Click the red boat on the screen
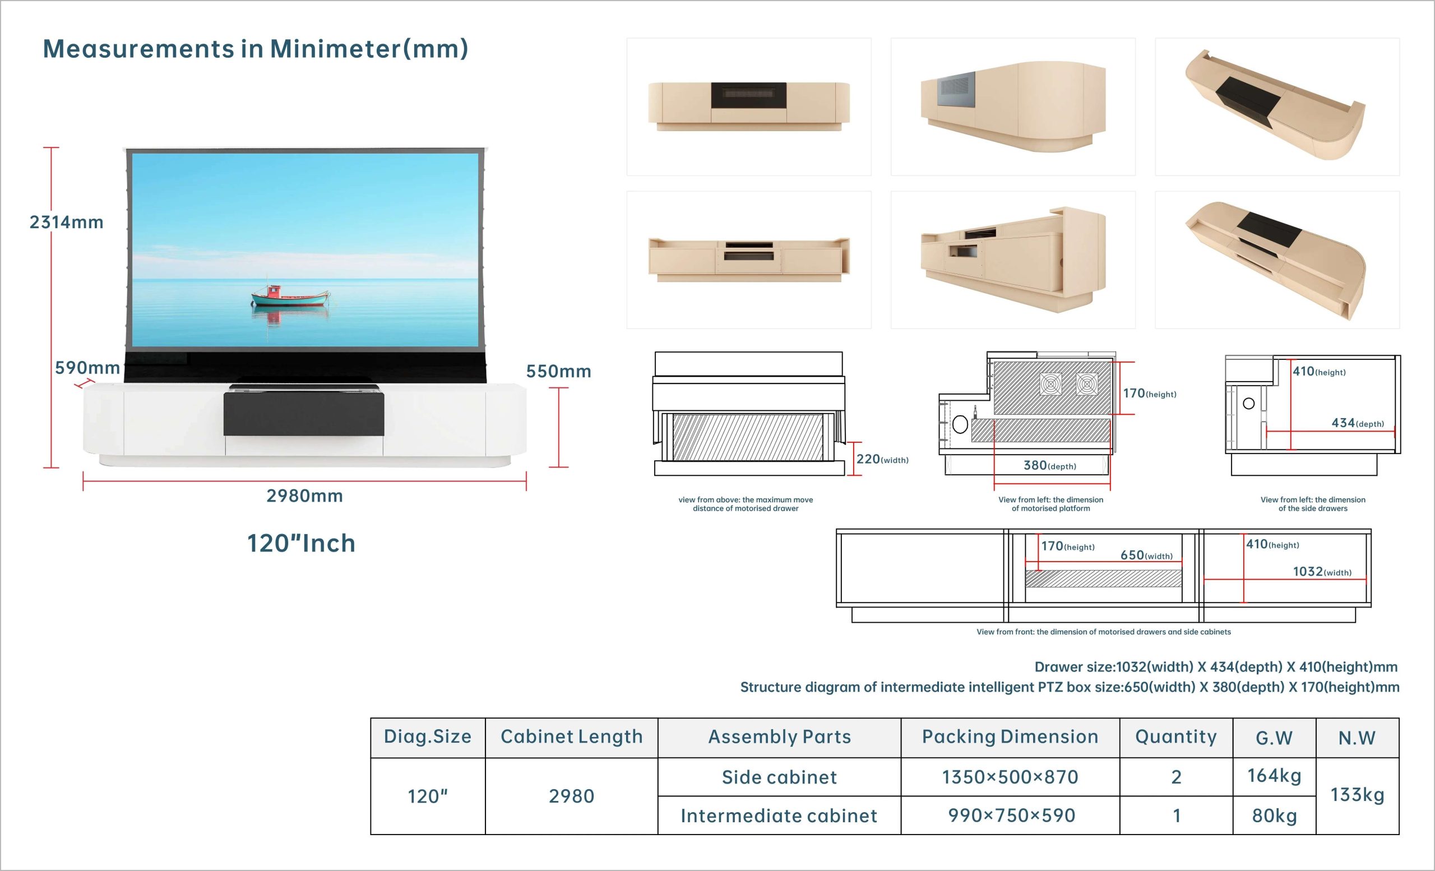point(290,296)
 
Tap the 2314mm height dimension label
point(66,222)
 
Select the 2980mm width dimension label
point(304,495)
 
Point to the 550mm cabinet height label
point(558,371)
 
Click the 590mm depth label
point(87,367)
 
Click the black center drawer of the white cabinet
point(304,414)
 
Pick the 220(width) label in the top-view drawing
point(882,459)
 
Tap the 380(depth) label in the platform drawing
point(1050,465)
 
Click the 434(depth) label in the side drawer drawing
point(1358,423)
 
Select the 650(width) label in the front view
point(1147,555)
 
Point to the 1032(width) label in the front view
point(1322,571)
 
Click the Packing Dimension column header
point(1010,736)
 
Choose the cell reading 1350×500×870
point(1010,777)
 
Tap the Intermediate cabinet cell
point(779,816)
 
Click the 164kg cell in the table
point(1274,776)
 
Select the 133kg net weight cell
point(1358,795)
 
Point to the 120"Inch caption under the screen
point(301,543)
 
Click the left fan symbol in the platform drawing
point(1050,384)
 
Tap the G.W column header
point(1274,738)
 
